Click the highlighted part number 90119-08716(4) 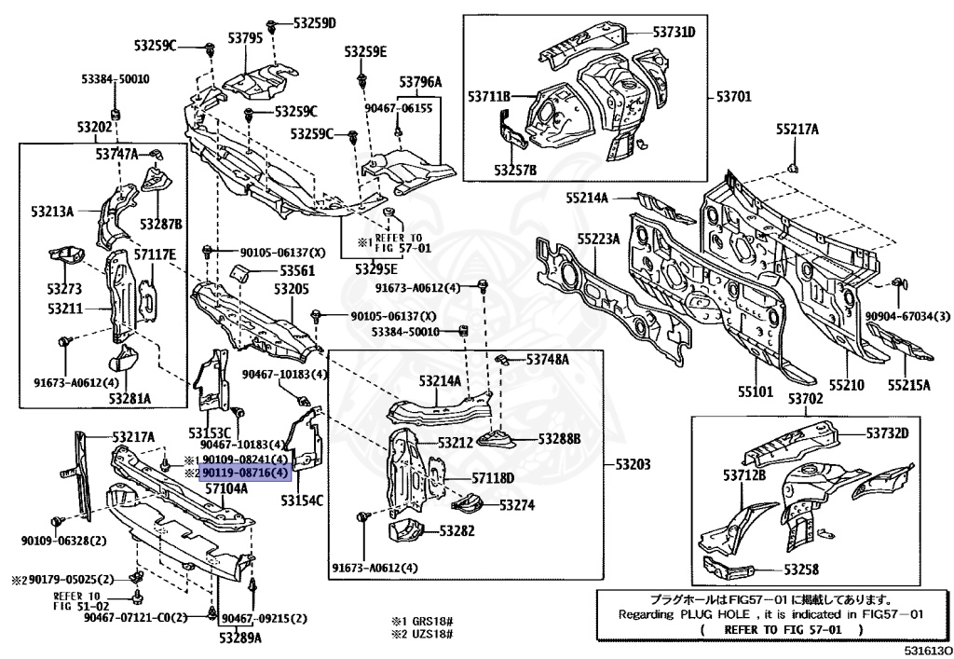(246, 473)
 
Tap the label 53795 (246, 37)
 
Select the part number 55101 (755, 391)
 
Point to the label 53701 (734, 96)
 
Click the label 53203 (633, 464)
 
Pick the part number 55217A (797, 129)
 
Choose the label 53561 (297, 270)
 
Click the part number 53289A (240, 638)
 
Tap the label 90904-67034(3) (908, 316)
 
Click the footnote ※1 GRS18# (422, 622)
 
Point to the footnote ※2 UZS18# (422, 634)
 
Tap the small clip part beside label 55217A (793, 167)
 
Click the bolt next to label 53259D (271, 27)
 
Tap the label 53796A (420, 81)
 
